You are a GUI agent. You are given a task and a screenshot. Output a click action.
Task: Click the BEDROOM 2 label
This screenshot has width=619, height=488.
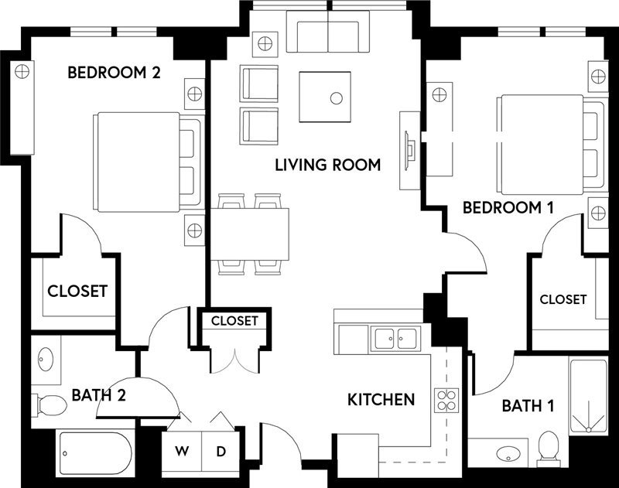point(114,73)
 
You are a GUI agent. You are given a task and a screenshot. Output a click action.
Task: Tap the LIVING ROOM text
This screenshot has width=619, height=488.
point(328,165)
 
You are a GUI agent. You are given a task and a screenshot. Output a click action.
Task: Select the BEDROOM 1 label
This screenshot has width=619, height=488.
point(500,207)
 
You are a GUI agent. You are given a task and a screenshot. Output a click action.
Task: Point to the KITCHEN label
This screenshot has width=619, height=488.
point(381,400)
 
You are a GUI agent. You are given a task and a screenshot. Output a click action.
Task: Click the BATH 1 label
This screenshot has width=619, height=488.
point(527,405)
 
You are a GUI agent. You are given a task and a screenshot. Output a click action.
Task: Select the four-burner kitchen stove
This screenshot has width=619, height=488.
point(446,399)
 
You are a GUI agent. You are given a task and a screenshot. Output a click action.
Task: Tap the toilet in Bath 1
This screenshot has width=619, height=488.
point(549,445)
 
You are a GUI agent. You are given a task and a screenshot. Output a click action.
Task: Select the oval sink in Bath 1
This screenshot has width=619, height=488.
point(507,452)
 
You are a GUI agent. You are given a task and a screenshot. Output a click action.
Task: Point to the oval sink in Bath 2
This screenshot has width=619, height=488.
point(46,359)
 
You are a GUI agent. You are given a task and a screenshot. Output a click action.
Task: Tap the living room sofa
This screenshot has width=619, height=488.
point(328,33)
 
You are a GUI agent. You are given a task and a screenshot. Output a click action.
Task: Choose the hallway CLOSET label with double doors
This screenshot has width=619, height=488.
point(234,321)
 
